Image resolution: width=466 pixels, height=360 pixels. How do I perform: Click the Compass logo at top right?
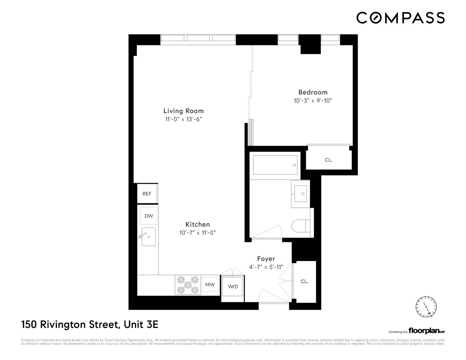pyautogui.click(x=400, y=18)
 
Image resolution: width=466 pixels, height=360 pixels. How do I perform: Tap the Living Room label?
pyautogui.click(x=183, y=111)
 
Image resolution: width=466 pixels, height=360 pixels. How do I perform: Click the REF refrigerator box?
pyautogui.click(x=147, y=194)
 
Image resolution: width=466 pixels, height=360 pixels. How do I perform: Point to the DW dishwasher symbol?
pyautogui.click(x=149, y=216)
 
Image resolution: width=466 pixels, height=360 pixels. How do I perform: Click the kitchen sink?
pyautogui.click(x=148, y=237)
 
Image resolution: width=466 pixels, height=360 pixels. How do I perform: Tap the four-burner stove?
pyautogui.click(x=188, y=285)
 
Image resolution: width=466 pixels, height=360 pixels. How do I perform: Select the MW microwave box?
pyautogui.click(x=210, y=285)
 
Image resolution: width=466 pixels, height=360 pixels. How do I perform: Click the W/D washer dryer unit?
pyautogui.click(x=233, y=287)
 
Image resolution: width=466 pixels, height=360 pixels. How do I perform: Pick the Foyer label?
pyautogui.click(x=266, y=258)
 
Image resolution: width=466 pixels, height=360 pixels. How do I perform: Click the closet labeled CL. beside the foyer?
pyautogui.click(x=305, y=281)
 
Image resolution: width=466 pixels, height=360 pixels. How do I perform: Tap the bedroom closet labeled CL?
pyautogui.click(x=328, y=160)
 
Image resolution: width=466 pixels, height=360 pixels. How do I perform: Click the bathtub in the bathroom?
pyautogui.click(x=275, y=165)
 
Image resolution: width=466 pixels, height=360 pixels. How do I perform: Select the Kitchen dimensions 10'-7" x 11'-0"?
pyautogui.click(x=197, y=233)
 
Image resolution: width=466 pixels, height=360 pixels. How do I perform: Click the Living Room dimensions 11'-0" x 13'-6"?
pyautogui.click(x=183, y=120)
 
